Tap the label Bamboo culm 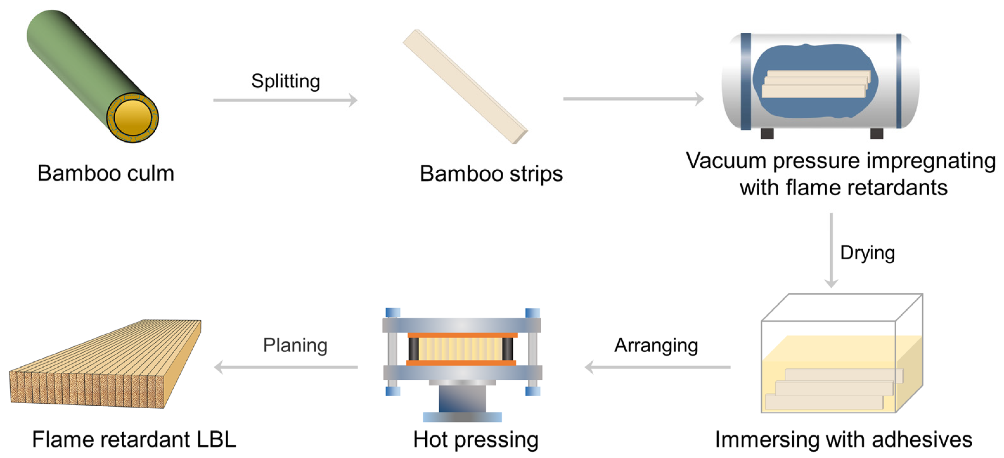[106, 173]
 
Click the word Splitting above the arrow [286, 81]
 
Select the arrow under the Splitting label [285, 100]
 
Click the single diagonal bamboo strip [465, 87]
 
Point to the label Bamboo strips [491, 174]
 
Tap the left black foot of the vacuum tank [767, 134]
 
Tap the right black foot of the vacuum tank [877, 134]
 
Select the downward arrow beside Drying [831, 250]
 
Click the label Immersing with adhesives [843, 439]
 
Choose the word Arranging [656, 345]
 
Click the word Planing [295, 345]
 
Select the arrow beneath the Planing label [286, 367]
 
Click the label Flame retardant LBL [134, 439]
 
